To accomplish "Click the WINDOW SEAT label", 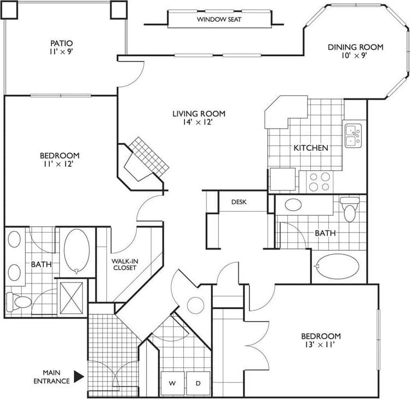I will pyautogui.click(x=219, y=20).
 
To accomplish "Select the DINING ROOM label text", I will pyautogui.click(x=355, y=51).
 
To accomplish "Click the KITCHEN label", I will pyautogui.click(x=311, y=148).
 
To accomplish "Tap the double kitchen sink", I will pyautogui.click(x=353, y=135).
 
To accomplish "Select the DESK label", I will pyautogui.click(x=239, y=202).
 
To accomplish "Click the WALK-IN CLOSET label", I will pyautogui.click(x=124, y=264).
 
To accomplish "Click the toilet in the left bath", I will pyautogui.click(x=19, y=301).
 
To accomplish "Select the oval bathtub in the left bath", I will pyautogui.click(x=77, y=250).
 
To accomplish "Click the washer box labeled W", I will pyautogui.click(x=172, y=383).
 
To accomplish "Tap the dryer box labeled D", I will pyautogui.click(x=198, y=383).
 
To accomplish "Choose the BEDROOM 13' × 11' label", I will pyautogui.click(x=321, y=340).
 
